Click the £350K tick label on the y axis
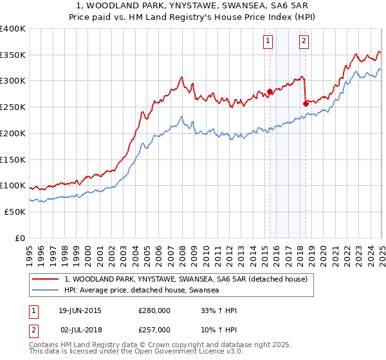(12, 55)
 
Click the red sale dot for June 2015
(270, 91)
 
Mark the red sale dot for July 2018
(306, 104)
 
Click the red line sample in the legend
(46, 279)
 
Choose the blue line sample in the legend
(46, 290)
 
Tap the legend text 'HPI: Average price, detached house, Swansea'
(142, 290)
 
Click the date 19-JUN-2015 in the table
(80, 311)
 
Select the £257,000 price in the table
(154, 329)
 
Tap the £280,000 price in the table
(154, 311)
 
